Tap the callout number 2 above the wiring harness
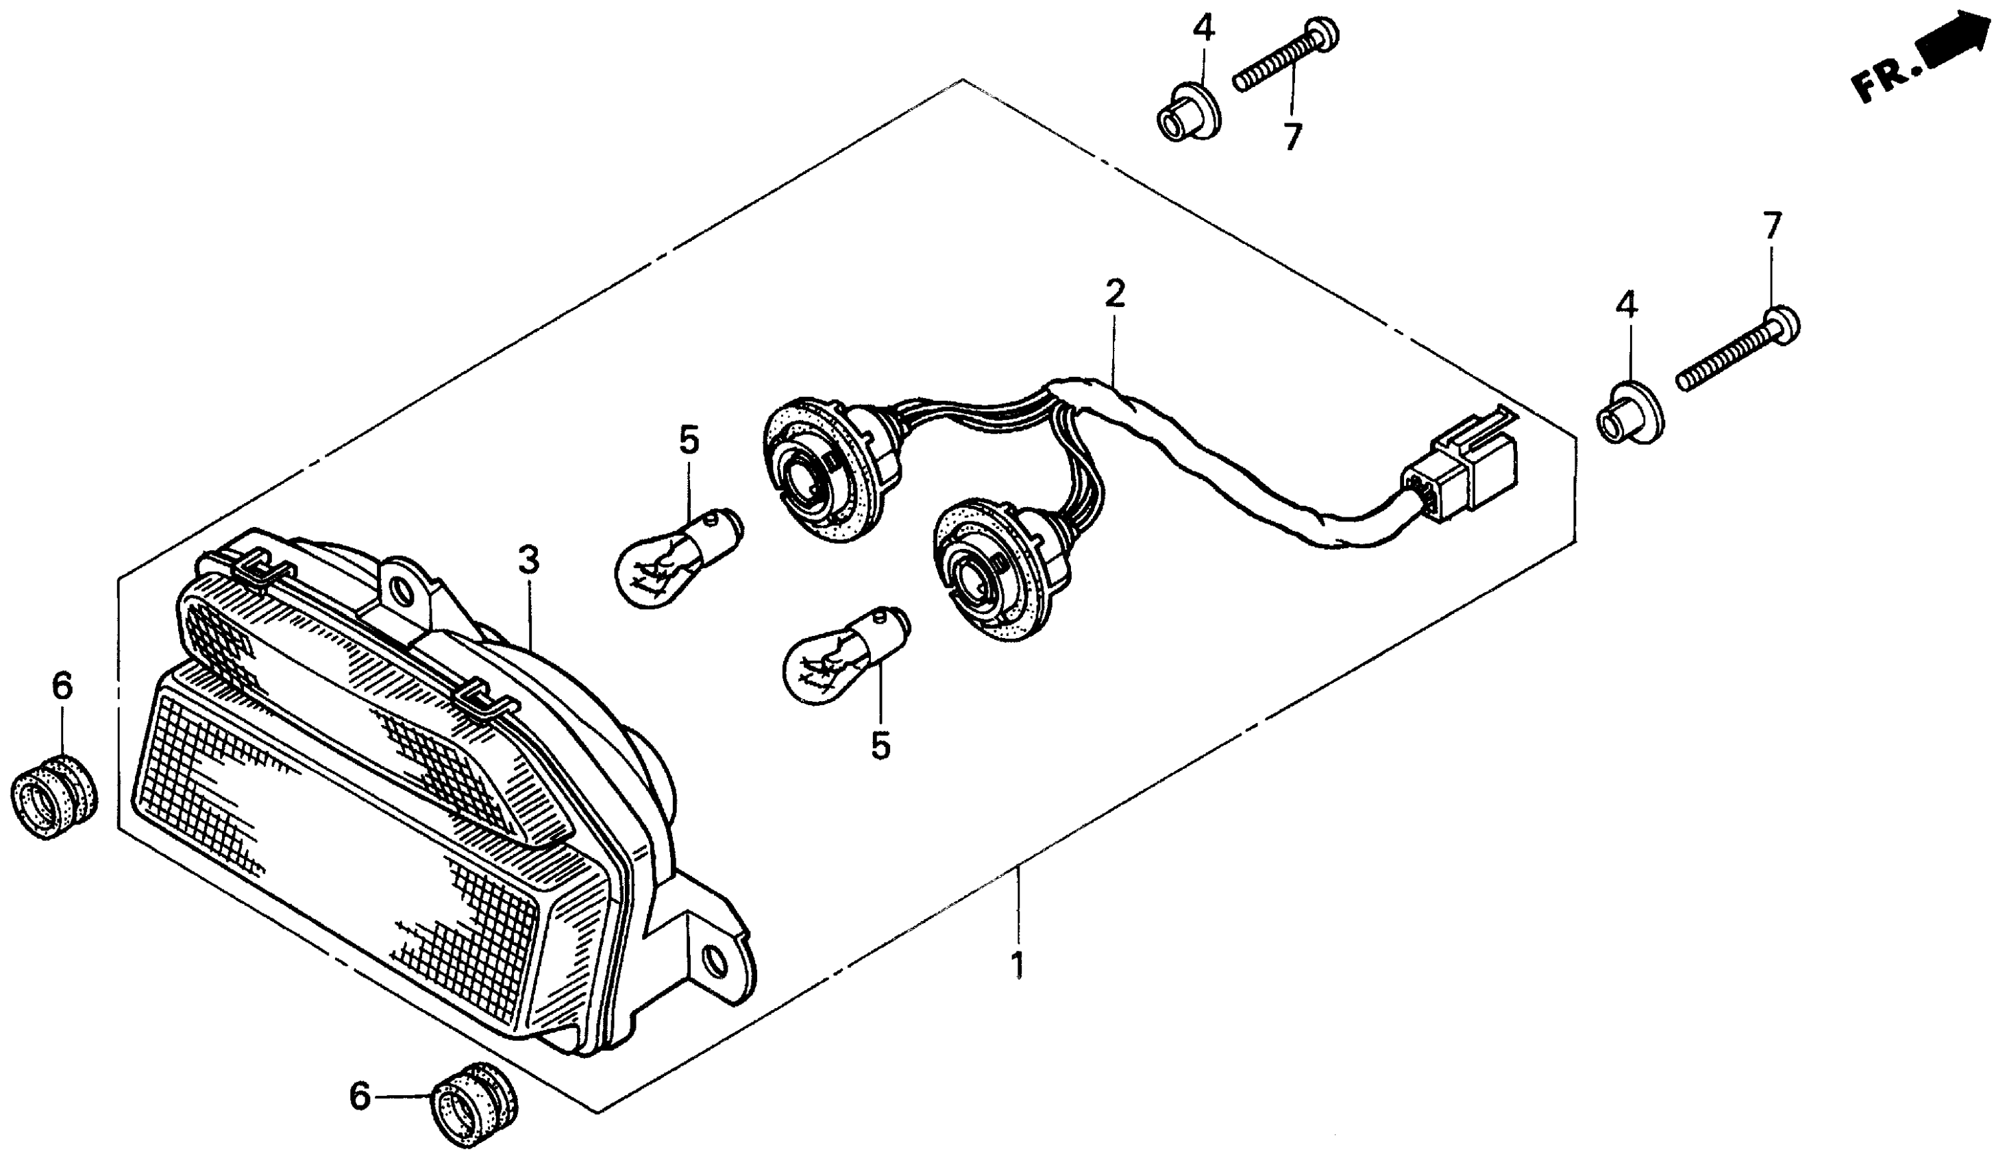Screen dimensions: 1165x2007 [x=1114, y=295]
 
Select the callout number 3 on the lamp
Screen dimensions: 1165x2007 [x=528, y=561]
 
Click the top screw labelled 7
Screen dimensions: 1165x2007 [x=1285, y=56]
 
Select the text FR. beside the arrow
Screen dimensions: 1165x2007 [x=1883, y=79]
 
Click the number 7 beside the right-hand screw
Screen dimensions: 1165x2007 [x=1771, y=226]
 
